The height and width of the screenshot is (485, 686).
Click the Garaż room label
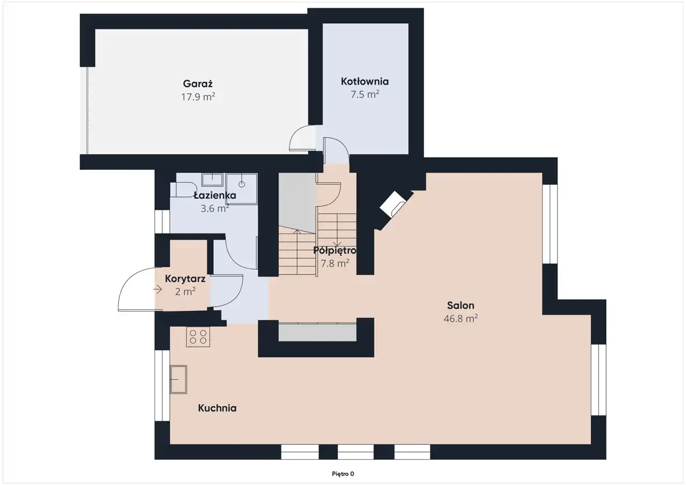(x=198, y=84)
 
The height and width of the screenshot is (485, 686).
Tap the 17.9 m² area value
(x=198, y=97)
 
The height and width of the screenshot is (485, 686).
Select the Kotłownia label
(x=365, y=81)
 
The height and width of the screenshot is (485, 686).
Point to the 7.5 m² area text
(x=365, y=94)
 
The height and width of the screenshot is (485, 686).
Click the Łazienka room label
(x=215, y=196)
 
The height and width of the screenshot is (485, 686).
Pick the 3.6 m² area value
(x=215, y=208)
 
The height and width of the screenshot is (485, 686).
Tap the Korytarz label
(x=185, y=279)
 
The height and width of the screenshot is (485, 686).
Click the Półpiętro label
(x=335, y=250)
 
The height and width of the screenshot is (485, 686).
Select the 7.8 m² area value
(x=335, y=263)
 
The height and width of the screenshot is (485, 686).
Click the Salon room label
(x=460, y=305)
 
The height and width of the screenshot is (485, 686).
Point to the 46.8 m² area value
(x=460, y=318)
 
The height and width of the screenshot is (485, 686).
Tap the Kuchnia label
(x=217, y=408)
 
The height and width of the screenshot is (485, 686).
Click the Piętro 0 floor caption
(x=343, y=474)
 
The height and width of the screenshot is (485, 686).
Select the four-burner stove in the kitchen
(x=198, y=337)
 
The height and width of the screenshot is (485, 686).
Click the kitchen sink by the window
(x=178, y=379)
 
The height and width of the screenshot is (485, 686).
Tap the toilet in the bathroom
(x=183, y=190)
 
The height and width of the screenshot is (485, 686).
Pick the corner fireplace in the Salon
(x=393, y=204)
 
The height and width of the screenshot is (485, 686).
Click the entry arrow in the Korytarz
(x=158, y=289)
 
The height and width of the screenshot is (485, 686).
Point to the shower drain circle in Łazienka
(x=242, y=184)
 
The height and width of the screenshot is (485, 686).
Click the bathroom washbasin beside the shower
(x=212, y=180)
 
